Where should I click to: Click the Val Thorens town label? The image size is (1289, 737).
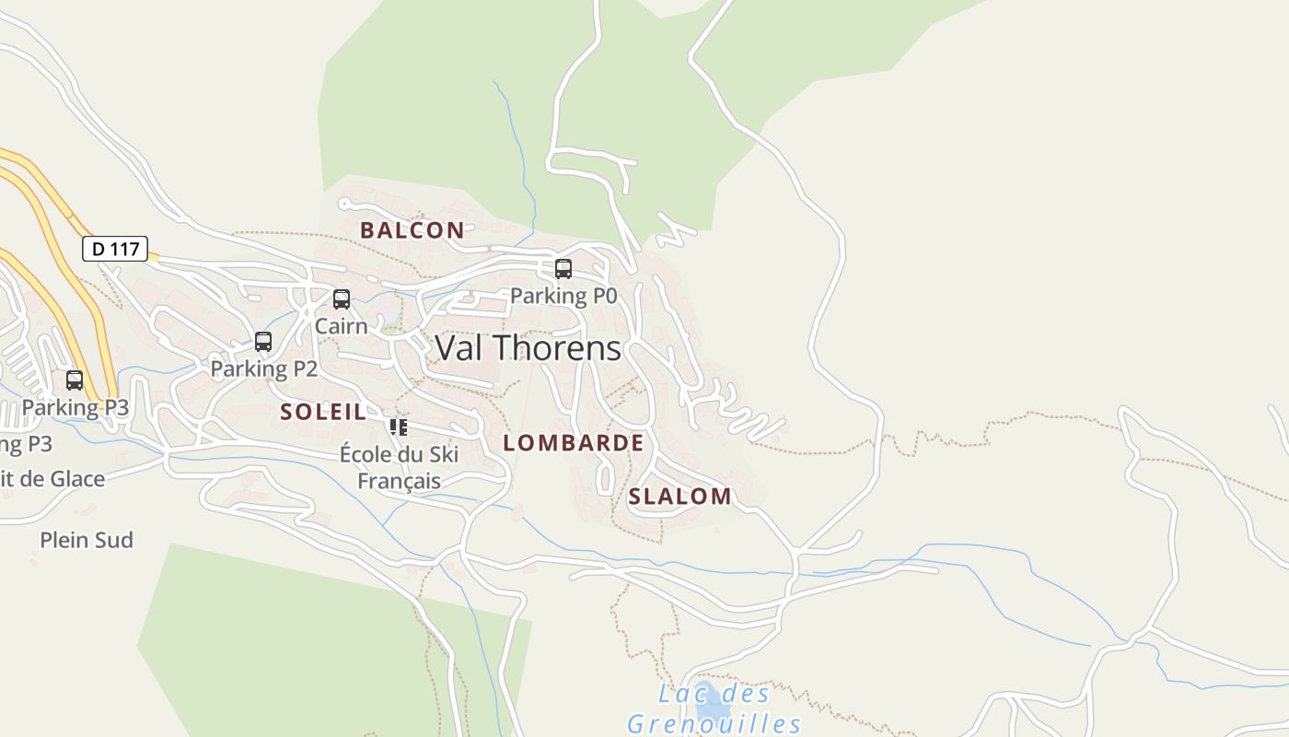(528, 348)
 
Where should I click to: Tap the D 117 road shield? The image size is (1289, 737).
(115, 249)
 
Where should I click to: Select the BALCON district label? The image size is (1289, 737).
(412, 230)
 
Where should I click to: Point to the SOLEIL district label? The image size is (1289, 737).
(323, 412)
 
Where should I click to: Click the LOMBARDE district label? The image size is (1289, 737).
(573, 443)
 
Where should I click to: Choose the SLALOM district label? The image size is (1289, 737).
(679, 497)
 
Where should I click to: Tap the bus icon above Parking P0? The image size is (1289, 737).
(563, 269)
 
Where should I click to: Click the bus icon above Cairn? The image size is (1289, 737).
(342, 299)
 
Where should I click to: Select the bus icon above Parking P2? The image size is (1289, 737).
(263, 342)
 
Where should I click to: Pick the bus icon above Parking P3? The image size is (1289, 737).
(75, 380)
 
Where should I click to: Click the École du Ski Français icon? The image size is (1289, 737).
(399, 427)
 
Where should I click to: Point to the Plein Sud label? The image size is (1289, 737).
(87, 540)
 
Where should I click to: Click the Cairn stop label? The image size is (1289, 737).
(341, 326)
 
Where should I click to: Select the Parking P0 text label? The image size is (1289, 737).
(563, 296)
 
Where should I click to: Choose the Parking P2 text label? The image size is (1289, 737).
(263, 369)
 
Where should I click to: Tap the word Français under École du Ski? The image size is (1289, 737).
(399, 481)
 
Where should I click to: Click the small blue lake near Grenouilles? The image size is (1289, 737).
(711, 708)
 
